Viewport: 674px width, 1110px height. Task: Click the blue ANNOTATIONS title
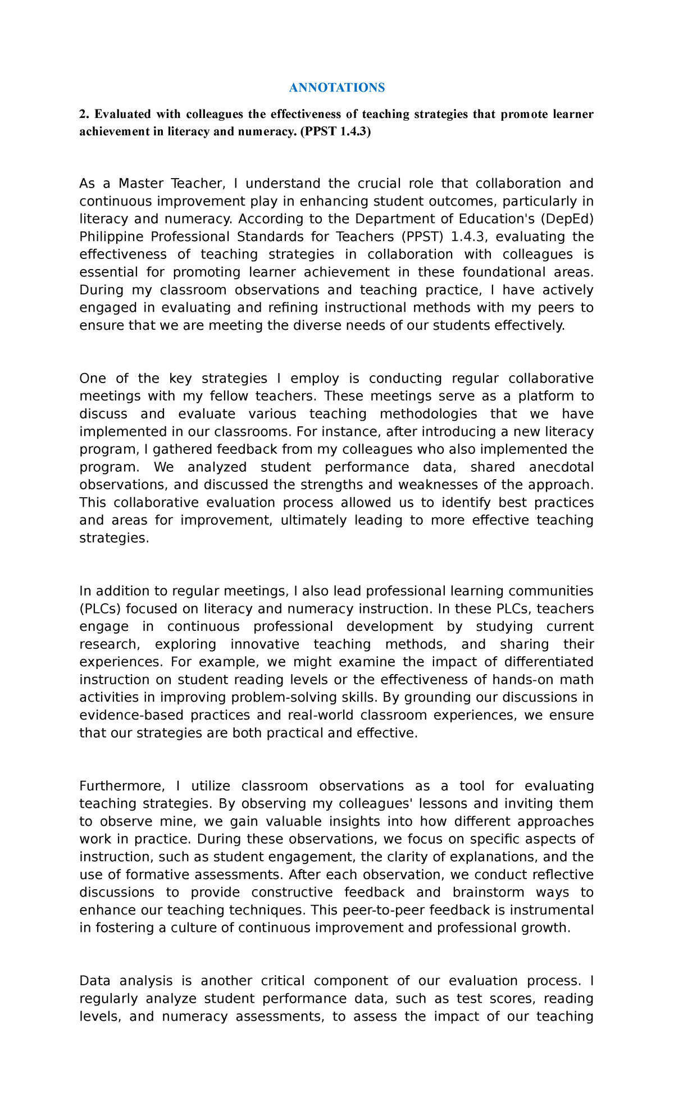tap(336, 88)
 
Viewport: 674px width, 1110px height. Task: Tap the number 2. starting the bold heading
tap(84, 115)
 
